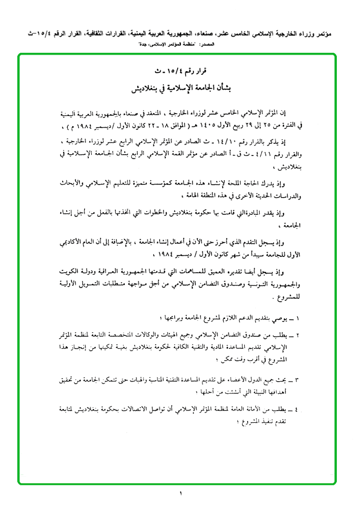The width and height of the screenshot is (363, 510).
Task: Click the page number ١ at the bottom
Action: coord(181,494)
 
